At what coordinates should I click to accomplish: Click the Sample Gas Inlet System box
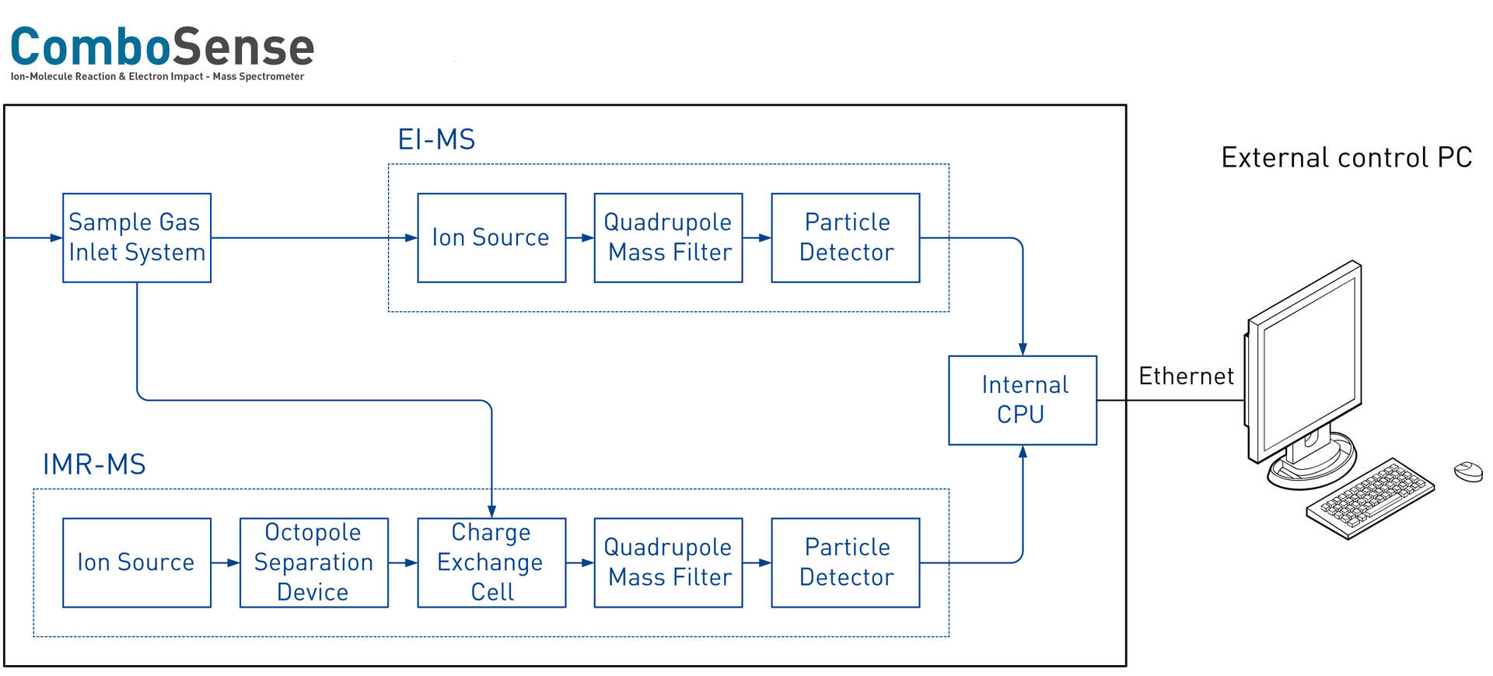click(137, 237)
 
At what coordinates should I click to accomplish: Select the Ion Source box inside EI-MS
click(491, 237)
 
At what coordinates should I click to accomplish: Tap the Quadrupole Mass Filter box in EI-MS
click(668, 237)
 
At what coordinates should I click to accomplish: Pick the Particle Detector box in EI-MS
click(845, 237)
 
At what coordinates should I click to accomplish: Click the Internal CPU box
click(1023, 400)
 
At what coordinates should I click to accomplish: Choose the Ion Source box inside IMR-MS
click(137, 562)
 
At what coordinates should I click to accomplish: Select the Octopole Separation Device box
click(313, 562)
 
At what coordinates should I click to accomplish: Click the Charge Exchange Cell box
click(491, 562)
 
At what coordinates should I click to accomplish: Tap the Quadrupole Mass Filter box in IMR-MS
click(668, 562)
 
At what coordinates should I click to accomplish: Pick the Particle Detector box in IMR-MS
click(845, 562)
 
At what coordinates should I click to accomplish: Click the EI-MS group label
click(436, 140)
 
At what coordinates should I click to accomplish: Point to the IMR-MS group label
click(94, 464)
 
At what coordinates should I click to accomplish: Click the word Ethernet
click(1186, 377)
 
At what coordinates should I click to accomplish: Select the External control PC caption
click(1347, 158)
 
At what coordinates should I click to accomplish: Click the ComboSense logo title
click(163, 47)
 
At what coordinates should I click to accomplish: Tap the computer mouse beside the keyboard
click(1468, 471)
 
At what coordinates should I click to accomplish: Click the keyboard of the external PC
click(1370, 498)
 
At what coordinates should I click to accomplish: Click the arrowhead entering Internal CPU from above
click(1023, 349)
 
